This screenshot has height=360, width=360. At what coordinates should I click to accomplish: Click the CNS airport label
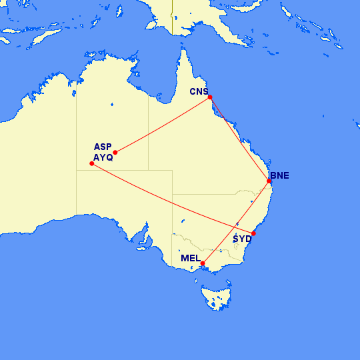[x=199, y=92]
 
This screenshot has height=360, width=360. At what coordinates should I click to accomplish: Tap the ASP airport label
[x=103, y=147]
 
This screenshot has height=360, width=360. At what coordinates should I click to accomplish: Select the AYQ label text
[x=103, y=158]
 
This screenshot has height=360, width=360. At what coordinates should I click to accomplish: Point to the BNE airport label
[x=279, y=176]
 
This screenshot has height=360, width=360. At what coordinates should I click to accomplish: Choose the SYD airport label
[x=242, y=239]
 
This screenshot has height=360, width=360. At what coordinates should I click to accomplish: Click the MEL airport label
[x=191, y=258]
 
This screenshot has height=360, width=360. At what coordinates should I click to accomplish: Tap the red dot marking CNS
[x=210, y=97]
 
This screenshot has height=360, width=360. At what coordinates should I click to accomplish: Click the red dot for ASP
[x=115, y=153]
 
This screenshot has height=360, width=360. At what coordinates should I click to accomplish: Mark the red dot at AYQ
[x=91, y=163]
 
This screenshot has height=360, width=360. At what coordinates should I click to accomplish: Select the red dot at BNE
[x=269, y=181]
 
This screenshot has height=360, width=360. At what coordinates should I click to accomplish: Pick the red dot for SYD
[x=253, y=233]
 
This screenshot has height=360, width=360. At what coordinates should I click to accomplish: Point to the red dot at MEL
[x=203, y=263]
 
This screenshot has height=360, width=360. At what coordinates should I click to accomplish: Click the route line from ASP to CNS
[x=163, y=125]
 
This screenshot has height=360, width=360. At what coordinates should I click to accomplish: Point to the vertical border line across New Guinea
[x=172, y=17]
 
